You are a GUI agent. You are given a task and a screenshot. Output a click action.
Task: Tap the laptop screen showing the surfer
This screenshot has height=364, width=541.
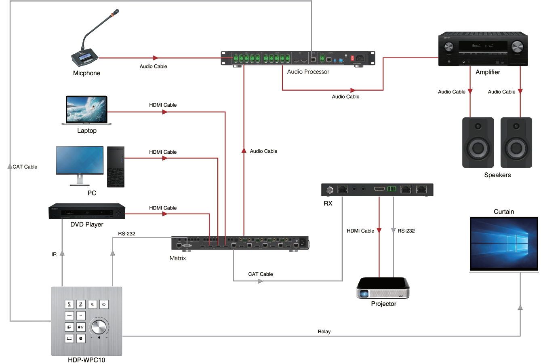(86, 109)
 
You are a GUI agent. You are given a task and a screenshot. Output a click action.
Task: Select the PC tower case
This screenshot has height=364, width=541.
(116, 167)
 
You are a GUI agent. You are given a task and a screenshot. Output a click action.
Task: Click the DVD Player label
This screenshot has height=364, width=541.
(87, 224)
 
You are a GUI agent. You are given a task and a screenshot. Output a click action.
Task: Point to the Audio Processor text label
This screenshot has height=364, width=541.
(308, 72)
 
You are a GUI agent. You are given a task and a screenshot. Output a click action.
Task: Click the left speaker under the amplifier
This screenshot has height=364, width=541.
(478, 143)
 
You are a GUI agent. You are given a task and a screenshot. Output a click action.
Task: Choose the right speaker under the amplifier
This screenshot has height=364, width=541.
(516, 143)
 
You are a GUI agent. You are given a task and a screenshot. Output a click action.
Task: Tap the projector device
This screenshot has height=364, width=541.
(383, 288)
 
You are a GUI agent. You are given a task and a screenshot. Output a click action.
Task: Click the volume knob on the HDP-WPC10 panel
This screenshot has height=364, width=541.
(99, 326)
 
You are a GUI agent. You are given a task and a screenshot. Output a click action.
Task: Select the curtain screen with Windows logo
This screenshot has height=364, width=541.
(504, 243)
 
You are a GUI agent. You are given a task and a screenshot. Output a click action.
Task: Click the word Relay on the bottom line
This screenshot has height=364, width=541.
(324, 332)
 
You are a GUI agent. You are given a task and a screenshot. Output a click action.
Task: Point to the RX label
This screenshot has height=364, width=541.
(328, 203)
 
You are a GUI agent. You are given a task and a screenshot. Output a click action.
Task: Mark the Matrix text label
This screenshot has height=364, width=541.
(178, 258)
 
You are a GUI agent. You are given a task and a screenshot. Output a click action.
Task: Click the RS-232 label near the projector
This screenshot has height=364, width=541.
(406, 231)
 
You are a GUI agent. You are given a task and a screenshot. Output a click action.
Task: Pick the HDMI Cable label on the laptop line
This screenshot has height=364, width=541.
(163, 105)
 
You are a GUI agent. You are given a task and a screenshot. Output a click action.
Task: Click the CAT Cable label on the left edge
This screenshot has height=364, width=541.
(25, 167)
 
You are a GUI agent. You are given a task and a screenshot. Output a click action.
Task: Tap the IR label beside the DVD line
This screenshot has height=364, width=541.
(54, 254)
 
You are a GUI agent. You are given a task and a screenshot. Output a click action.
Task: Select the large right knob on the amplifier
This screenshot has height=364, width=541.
(517, 47)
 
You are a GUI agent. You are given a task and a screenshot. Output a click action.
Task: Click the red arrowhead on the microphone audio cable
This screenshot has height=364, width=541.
(156, 58)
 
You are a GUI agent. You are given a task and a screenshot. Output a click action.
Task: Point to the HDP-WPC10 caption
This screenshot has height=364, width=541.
(86, 360)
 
